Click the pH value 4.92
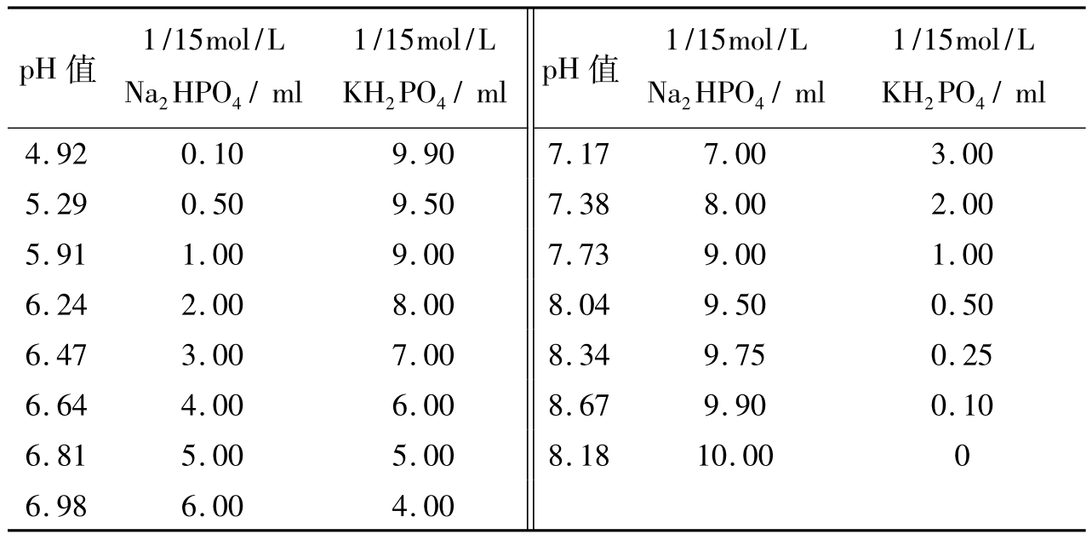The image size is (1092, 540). [56, 154]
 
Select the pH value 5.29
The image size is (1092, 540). [56, 204]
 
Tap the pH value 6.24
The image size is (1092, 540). [56, 305]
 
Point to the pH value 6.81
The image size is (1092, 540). [56, 456]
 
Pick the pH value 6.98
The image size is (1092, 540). [56, 506]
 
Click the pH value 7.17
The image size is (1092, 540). [579, 154]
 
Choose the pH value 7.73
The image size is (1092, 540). [579, 255]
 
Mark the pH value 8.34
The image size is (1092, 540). [579, 355]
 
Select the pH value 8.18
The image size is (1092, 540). [579, 456]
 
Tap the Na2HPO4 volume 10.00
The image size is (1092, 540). [735, 456]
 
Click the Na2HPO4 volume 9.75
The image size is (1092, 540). [735, 355]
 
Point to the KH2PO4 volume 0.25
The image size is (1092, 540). [961, 355]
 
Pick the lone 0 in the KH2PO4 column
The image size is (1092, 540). [962, 456]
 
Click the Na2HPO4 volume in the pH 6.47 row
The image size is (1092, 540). [212, 355]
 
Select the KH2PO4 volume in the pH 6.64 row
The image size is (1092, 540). [423, 405]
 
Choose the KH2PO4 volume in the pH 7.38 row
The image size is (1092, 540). [961, 204]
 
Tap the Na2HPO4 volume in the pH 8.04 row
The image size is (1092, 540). [735, 305]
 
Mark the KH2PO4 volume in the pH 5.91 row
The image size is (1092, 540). [423, 255]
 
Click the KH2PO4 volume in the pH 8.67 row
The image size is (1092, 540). [961, 405]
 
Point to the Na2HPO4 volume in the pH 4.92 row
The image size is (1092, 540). [212, 154]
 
